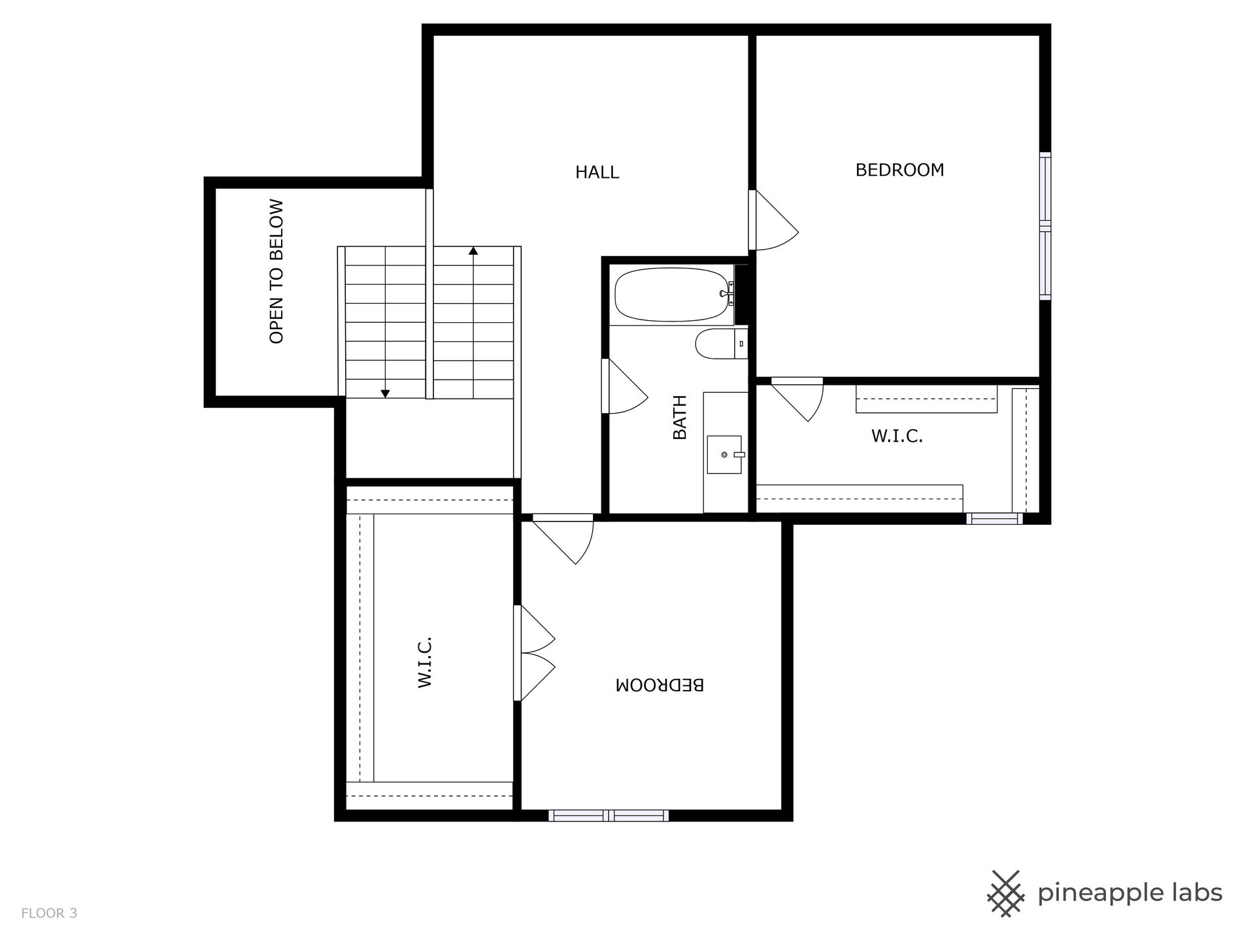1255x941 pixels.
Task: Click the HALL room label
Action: coord(597,173)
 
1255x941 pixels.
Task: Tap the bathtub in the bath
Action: coord(673,295)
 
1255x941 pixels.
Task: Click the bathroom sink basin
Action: coord(724,454)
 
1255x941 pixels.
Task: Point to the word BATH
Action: coord(680,417)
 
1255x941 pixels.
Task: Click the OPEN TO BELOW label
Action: coord(276,271)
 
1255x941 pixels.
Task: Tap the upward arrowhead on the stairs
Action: coord(473,250)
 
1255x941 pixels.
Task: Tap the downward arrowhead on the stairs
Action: coord(385,393)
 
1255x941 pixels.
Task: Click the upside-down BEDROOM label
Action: coord(660,685)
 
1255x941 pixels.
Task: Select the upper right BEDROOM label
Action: coord(899,170)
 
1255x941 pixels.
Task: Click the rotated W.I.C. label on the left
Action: coord(426,662)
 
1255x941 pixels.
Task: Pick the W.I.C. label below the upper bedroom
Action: coord(897,437)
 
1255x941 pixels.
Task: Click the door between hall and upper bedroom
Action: coord(774,220)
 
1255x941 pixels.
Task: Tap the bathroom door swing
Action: coord(626,386)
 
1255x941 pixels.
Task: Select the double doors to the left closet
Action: coord(535,653)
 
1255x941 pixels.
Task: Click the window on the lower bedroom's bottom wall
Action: coord(609,815)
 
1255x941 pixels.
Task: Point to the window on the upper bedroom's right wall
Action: coord(1045,226)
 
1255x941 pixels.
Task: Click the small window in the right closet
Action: coord(994,519)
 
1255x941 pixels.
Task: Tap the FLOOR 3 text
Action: coord(49,914)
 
